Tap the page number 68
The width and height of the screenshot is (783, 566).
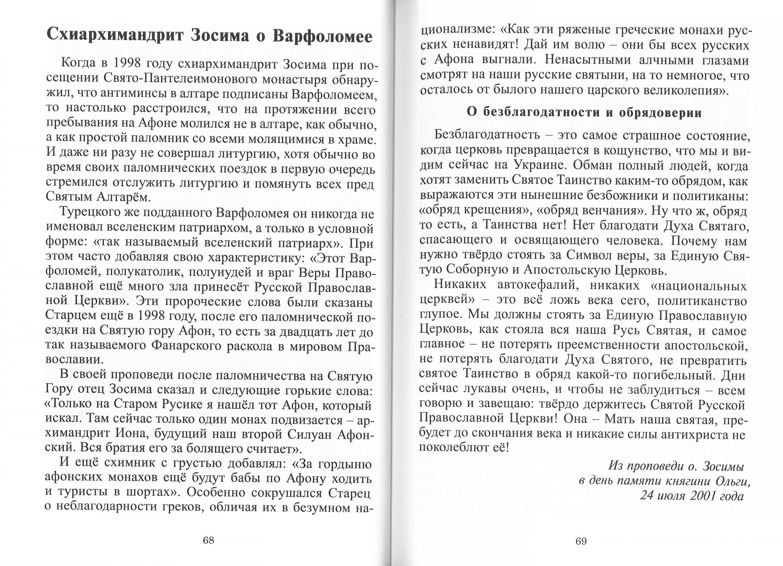click(x=208, y=540)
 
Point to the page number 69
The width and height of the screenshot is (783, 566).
click(x=581, y=541)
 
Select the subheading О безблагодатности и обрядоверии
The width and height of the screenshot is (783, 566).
click(x=584, y=113)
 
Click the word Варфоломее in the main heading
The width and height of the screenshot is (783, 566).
click(x=322, y=36)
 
